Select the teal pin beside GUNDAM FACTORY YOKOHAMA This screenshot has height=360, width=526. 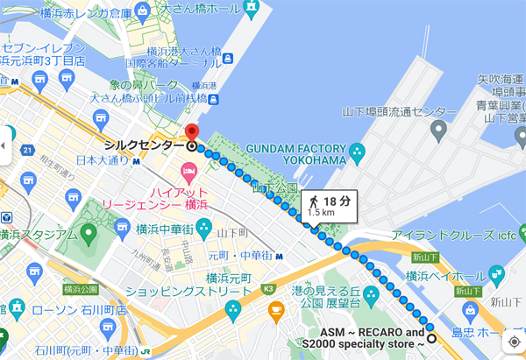[357, 154]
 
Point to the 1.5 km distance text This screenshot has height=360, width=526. [321, 213]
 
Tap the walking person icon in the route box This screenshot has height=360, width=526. [313, 202]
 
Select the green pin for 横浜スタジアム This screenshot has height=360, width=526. [89, 234]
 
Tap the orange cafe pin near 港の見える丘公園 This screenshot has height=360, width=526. [276, 309]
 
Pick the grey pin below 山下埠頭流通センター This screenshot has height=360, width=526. [438, 131]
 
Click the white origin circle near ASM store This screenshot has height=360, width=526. [430, 338]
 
